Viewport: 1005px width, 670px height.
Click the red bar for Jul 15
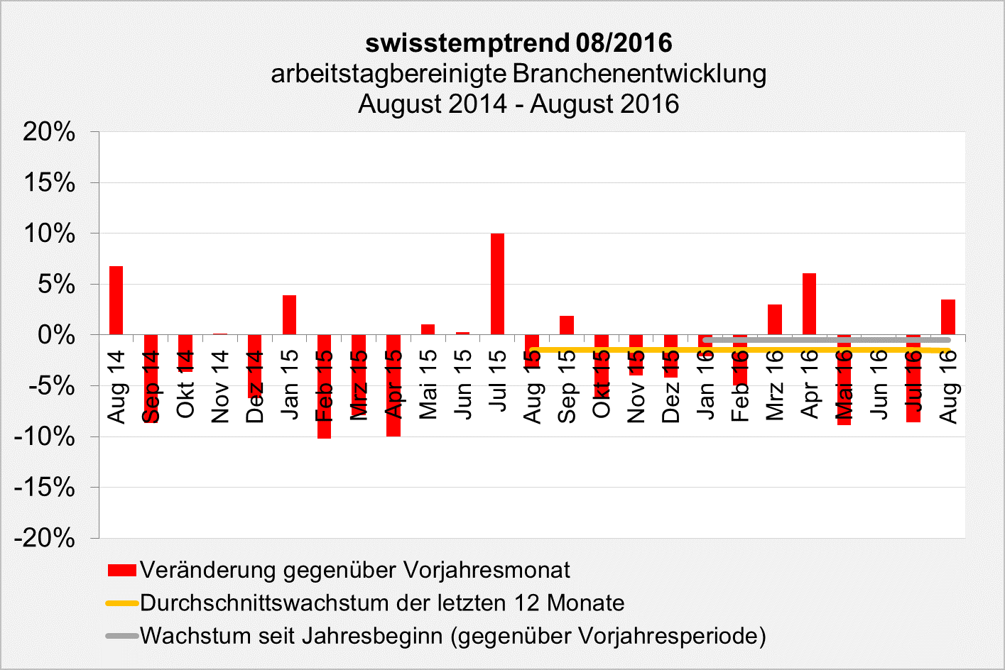click(x=497, y=284)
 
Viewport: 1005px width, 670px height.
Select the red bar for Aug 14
click(x=116, y=300)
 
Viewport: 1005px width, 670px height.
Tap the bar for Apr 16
click(x=809, y=304)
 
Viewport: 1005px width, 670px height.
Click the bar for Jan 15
click(x=289, y=314)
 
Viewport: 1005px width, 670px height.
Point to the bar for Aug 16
click(x=947, y=317)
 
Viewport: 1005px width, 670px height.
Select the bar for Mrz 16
click(x=774, y=319)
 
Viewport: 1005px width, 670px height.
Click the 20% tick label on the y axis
click(x=49, y=131)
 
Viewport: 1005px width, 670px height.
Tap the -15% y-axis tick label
click(x=45, y=488)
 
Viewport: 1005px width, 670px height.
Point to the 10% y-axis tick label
click(x=49, y=234)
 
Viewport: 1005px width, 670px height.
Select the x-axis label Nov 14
click(x=220, y=387)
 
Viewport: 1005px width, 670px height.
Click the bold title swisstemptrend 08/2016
click(x=518, y=43)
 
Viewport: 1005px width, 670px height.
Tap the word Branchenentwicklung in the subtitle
click(x=639, y=74)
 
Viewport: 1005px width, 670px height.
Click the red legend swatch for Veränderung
click(x=121, y=570)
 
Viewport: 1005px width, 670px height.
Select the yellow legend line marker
click(x=121, y=603)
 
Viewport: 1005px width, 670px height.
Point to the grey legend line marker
click(x=121, y=636)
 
